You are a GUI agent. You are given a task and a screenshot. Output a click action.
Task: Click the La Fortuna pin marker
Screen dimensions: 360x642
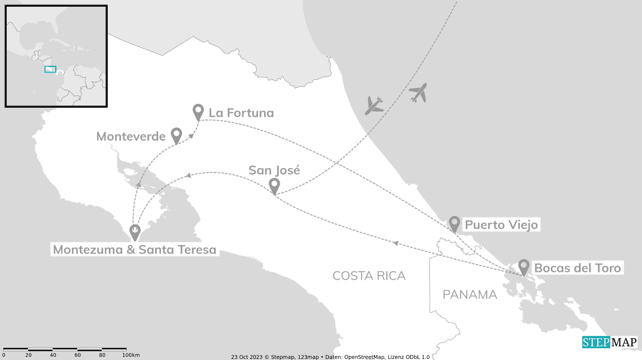pos(198,111)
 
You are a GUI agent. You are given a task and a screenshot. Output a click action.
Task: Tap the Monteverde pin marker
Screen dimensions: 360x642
pos(176,135)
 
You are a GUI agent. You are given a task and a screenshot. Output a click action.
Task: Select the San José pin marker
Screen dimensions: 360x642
pos(274,185)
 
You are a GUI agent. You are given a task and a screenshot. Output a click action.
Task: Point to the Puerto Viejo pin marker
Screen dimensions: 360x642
pos(454,223)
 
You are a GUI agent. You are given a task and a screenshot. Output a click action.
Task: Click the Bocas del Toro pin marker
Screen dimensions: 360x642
pos(524,266)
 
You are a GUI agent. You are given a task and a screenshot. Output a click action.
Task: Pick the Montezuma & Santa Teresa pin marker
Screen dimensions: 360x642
pos(135,231)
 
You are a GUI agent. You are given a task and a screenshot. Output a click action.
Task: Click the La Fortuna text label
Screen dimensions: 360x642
pos(241,113)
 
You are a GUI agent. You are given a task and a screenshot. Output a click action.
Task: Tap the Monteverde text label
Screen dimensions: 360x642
pos(131,137)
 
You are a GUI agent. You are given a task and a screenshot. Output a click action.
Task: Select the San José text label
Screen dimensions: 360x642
pos(274,170)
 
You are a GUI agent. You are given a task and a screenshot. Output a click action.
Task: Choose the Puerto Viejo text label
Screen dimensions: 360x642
pos(501,225)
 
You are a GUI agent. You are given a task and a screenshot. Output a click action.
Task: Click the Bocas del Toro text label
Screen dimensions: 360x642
pos(577,268)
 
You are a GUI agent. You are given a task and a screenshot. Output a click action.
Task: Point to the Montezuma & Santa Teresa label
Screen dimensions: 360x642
pos(135,249)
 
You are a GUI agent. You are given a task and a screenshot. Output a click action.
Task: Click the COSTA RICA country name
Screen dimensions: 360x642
pos(369,276)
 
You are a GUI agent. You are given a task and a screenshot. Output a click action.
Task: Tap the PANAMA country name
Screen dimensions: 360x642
pos(469,295)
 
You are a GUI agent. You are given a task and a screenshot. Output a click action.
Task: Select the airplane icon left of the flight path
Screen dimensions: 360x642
pos(373,105)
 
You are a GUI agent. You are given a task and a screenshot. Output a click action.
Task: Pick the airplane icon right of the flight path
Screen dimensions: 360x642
pos(418,93)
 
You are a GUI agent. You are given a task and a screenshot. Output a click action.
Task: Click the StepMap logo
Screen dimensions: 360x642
pos(610,342)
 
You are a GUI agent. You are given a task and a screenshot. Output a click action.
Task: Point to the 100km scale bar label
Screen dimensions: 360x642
pos(131,355)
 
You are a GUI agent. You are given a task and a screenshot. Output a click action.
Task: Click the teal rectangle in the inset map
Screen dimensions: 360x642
pos(50,69)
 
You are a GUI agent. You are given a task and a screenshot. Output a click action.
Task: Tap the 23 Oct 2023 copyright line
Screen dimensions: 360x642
pos(330,357)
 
